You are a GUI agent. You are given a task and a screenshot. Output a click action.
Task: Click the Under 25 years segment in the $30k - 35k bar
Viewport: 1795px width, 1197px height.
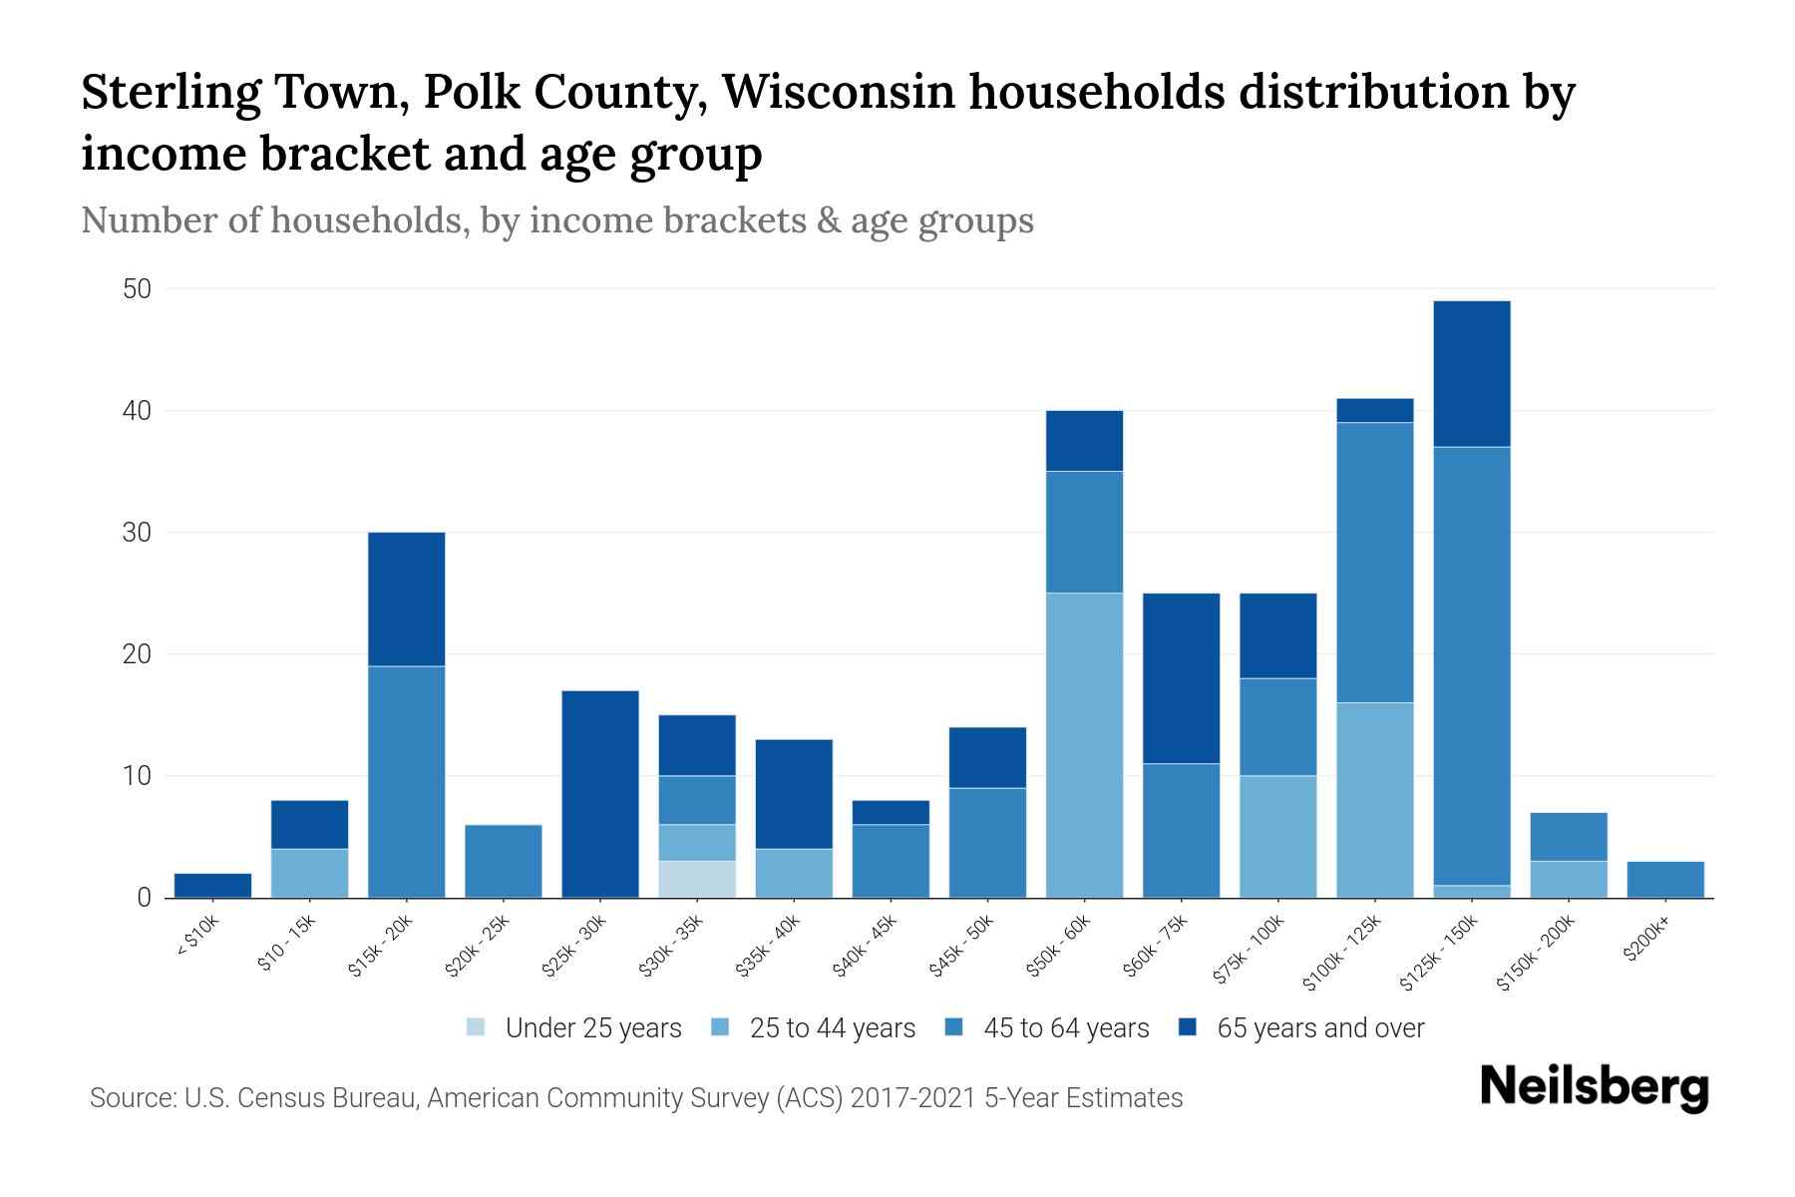click(697, 879)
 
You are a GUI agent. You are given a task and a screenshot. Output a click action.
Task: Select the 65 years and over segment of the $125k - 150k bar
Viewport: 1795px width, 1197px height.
click(1472, 374)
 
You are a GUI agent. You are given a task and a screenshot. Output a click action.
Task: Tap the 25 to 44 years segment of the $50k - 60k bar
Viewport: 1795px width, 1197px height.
click(1084, 745)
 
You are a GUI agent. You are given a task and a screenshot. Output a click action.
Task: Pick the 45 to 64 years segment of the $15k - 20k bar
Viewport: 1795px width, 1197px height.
click(406, 781)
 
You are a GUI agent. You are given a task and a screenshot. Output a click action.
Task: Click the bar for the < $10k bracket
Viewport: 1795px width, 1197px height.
click(212, 886)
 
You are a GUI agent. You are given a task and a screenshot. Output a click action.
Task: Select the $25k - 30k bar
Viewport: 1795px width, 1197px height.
click(600, 794)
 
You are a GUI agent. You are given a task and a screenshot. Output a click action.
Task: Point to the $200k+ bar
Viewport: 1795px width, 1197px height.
click(1665, 880)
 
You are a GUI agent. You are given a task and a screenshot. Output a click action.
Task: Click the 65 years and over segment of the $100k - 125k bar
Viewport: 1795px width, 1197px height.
click(1375, 411)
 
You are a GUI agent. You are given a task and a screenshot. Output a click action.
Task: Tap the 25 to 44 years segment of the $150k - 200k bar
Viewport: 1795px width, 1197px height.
click(1569, 879)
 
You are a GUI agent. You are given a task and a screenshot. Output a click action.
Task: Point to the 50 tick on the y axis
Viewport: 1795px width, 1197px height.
click(137, 289)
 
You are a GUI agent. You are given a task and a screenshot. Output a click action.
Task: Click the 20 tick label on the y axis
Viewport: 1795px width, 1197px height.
click(137, 654)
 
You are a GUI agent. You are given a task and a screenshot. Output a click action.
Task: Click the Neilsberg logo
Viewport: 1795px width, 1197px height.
click(1594, 1086)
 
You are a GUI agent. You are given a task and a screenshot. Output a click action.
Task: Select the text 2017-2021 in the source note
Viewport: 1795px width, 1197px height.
click(913, 1098)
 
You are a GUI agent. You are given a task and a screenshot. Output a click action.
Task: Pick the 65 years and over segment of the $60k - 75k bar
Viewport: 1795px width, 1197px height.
click(1181, 678)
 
